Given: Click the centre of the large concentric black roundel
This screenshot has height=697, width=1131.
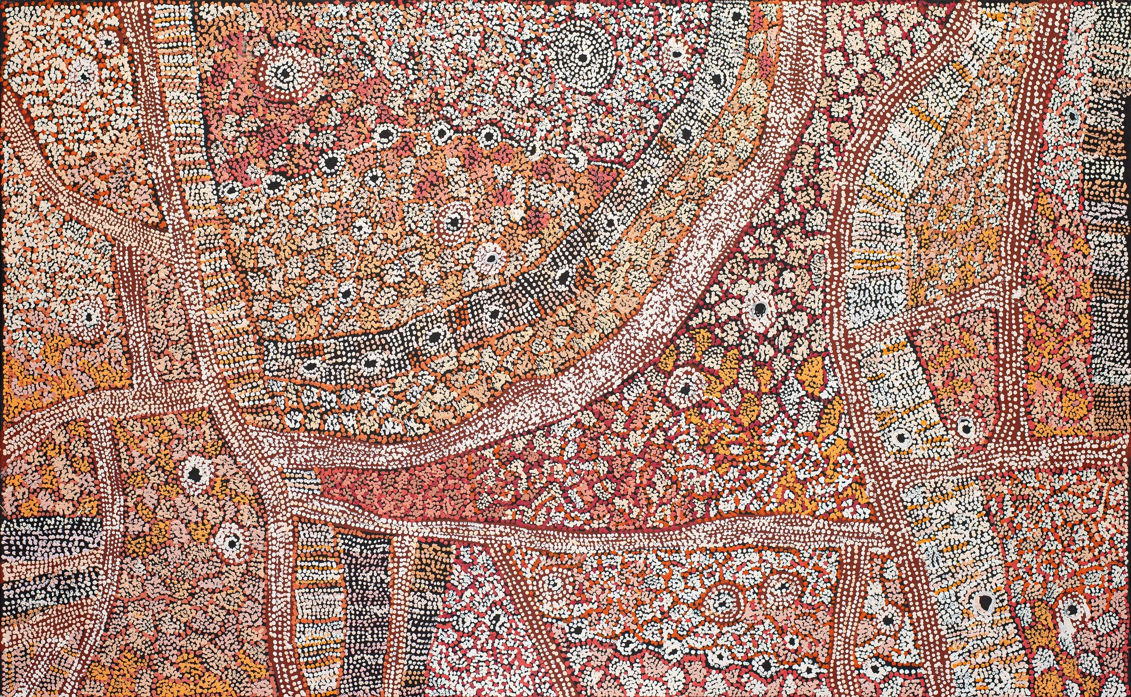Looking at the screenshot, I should [x=583, y=58].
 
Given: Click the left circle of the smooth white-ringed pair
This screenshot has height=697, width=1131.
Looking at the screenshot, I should [x=900, y=436].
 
